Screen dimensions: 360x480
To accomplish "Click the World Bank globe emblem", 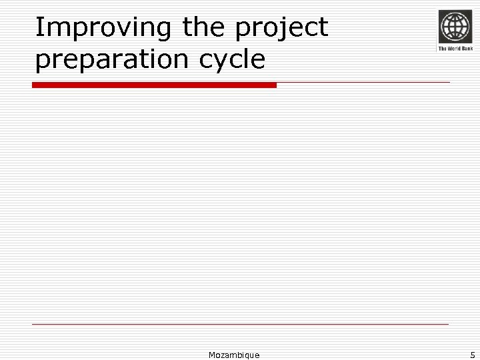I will click(455, 27).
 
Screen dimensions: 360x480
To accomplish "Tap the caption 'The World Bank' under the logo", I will click(455, 49).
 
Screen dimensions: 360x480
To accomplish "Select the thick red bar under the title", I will click(154, 85).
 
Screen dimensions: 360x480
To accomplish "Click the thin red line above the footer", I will click(240, 325).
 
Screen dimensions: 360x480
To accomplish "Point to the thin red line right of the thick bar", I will click(363, 83).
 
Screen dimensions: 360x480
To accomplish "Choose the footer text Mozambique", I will click(234, 355).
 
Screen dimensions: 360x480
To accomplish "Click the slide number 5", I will click(472, 355).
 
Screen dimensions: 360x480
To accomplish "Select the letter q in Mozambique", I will click(246, 356).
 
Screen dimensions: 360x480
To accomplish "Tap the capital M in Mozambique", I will click(212, 355).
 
